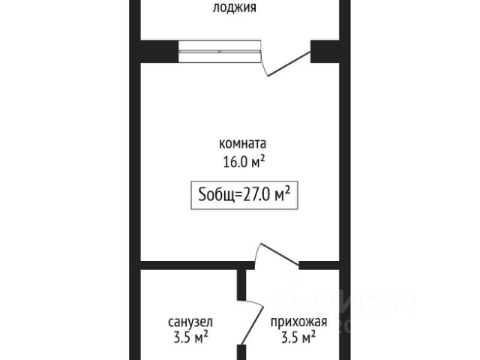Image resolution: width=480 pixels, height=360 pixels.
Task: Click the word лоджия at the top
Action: coord(235,8)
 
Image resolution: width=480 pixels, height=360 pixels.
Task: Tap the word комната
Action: coord(242,143)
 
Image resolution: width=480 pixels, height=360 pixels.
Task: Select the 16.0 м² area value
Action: coord(241,160)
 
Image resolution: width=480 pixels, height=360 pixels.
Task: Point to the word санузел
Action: coord(187,322)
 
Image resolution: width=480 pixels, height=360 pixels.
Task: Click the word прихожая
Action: coord(298,322)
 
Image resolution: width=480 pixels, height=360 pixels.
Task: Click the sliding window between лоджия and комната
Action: coord(221,51)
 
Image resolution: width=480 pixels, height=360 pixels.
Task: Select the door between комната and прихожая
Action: coord(277,255)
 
